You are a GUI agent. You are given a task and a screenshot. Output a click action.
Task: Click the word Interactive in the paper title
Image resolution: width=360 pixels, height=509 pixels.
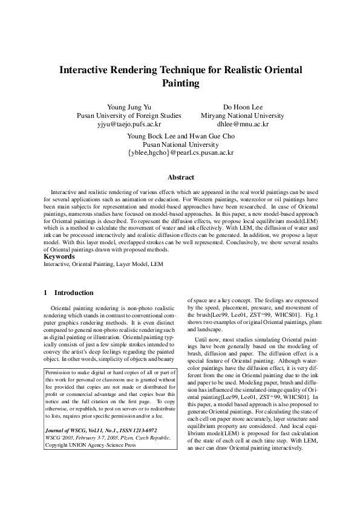coord(89,70)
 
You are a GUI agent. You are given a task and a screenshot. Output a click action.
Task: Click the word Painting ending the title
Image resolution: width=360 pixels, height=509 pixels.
coord(180,83)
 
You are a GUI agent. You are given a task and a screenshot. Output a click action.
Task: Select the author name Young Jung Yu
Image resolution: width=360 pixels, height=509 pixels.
coord(129,106)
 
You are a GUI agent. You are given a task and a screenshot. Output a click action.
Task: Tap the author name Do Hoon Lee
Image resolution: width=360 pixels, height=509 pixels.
coord(245,106)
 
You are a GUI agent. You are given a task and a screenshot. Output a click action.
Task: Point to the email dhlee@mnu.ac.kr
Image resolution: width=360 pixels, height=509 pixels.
coord(245,124)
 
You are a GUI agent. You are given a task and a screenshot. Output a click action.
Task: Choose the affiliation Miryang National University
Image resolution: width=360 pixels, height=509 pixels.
coord(245,115)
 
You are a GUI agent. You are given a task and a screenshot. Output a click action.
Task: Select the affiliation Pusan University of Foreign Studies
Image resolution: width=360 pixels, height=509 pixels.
coord(129,115)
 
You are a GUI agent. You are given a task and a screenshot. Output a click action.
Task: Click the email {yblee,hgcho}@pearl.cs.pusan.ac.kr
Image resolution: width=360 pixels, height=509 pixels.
coord(180,154)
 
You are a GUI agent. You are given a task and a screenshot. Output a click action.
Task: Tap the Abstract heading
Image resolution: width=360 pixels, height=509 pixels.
coord(180,178)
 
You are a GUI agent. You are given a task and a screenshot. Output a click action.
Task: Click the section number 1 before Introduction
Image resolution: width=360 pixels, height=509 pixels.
coord(45,293)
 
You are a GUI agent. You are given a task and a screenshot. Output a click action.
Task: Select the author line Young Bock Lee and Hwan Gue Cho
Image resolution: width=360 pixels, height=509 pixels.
coord(180,136)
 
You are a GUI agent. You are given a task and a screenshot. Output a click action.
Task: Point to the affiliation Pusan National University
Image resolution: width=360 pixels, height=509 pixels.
coord(180,144)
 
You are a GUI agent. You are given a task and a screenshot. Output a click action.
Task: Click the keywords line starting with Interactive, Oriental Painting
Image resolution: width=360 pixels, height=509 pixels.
coord(103,264)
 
